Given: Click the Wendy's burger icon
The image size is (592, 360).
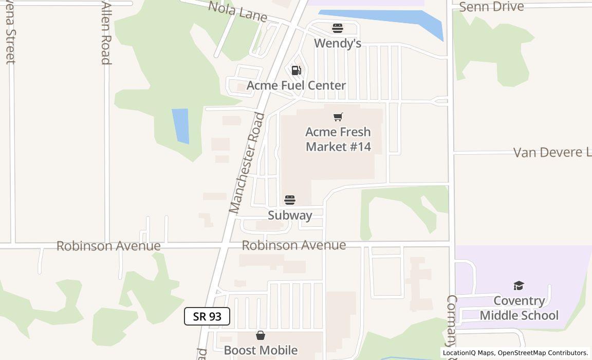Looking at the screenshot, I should tap(337, 28).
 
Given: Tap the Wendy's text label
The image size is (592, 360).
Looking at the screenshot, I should tap(337, 43).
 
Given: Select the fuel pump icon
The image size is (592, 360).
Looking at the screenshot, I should tap(296, 70).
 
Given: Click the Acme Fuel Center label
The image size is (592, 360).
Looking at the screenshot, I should tap(296, 85).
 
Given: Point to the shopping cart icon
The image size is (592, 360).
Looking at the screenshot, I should tap(338, 117).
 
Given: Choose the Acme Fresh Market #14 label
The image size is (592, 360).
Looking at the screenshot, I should tap(338, 139).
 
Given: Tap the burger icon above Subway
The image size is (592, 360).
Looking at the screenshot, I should tap(290, 200).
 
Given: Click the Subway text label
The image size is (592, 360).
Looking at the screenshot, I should tap(290, 215).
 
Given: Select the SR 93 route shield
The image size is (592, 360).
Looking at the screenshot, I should tap(207, 316).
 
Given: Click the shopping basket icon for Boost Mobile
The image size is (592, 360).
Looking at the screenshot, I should tap(261, 336).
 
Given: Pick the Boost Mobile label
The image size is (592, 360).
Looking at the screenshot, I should tap(261, 350).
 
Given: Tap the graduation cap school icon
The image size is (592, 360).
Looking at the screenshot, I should tap(519, 285).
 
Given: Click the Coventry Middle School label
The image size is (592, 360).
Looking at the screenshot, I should tap(519, 308).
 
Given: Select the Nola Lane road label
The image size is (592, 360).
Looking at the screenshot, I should tap(237, 11).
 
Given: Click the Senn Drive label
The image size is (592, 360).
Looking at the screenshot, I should tap(491, 7).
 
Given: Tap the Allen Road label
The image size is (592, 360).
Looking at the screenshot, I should tap(106, 33).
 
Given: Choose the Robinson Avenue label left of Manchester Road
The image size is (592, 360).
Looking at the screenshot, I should tap(108, 246).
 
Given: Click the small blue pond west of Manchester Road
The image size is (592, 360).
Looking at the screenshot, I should tap(181, 125).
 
